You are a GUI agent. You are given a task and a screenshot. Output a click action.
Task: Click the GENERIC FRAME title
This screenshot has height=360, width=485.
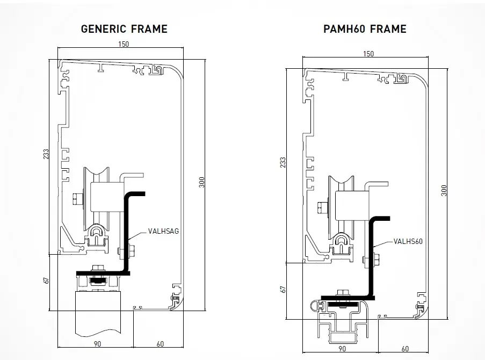(124, 29)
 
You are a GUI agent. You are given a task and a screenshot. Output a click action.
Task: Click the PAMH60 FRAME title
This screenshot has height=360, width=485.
(365, 29)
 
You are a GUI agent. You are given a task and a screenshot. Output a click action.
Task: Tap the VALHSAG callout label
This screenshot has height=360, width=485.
(163, 232)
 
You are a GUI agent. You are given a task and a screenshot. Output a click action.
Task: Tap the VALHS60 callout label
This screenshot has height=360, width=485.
(408, 241)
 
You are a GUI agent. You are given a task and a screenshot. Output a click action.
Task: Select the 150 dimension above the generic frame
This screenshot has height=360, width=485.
(123, 45)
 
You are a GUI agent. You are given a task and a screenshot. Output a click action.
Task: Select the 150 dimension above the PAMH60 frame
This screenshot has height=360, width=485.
(368, 54)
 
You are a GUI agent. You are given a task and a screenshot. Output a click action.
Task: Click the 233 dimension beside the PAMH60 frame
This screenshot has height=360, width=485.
(283, 163)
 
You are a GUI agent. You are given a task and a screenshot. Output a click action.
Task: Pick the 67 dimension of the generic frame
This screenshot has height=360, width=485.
(47, 280)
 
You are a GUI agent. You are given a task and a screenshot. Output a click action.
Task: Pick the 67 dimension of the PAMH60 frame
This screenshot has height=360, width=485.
(283, 289)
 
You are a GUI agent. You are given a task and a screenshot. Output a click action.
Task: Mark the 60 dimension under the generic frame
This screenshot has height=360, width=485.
(161, 343)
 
